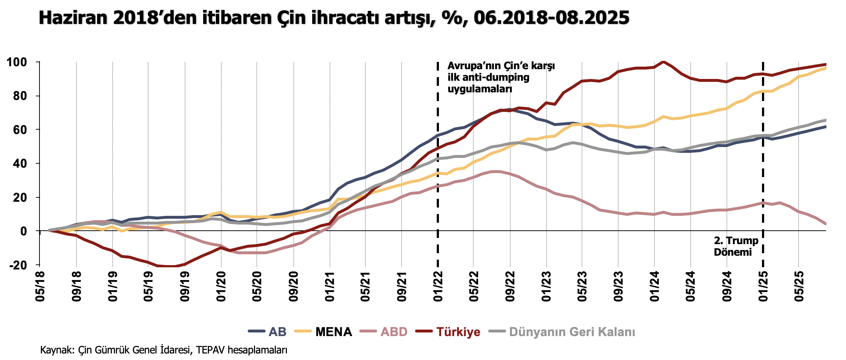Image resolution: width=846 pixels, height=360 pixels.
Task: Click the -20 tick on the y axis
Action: point(18,265)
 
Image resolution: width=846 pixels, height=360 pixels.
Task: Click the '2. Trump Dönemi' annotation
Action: point(736,246)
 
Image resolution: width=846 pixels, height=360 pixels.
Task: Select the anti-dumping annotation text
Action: point(501,77)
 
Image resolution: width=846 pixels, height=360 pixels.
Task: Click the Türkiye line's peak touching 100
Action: point(663,61)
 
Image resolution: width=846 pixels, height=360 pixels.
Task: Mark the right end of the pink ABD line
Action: point(825,224)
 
